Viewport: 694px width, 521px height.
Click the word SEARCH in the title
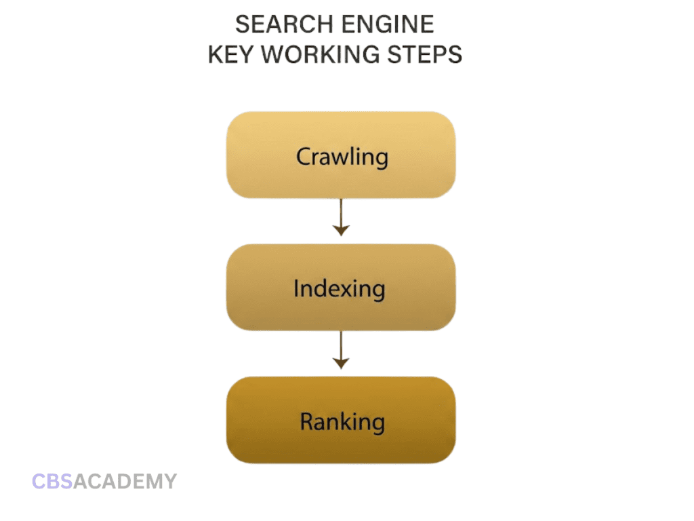point(284,24)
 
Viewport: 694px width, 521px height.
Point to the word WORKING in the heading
point(320,54)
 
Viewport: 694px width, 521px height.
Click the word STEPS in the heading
point(424,54)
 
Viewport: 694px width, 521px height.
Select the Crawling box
point(341,155)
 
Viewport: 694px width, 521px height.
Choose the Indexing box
point(341,287)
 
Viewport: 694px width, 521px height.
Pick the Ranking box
point(341,420)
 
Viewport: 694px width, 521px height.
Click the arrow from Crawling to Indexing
point(341,217)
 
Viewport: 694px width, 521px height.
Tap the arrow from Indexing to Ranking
point(341,350)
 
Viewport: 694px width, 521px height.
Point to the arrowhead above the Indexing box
point(341,231)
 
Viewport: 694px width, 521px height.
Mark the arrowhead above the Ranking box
point(341,364)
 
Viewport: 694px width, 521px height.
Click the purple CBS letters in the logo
point(52,482)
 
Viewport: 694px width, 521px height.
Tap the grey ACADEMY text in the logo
point(125,482)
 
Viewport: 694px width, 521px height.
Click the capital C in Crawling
point(304,157)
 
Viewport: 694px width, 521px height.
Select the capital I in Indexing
point(296,288)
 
